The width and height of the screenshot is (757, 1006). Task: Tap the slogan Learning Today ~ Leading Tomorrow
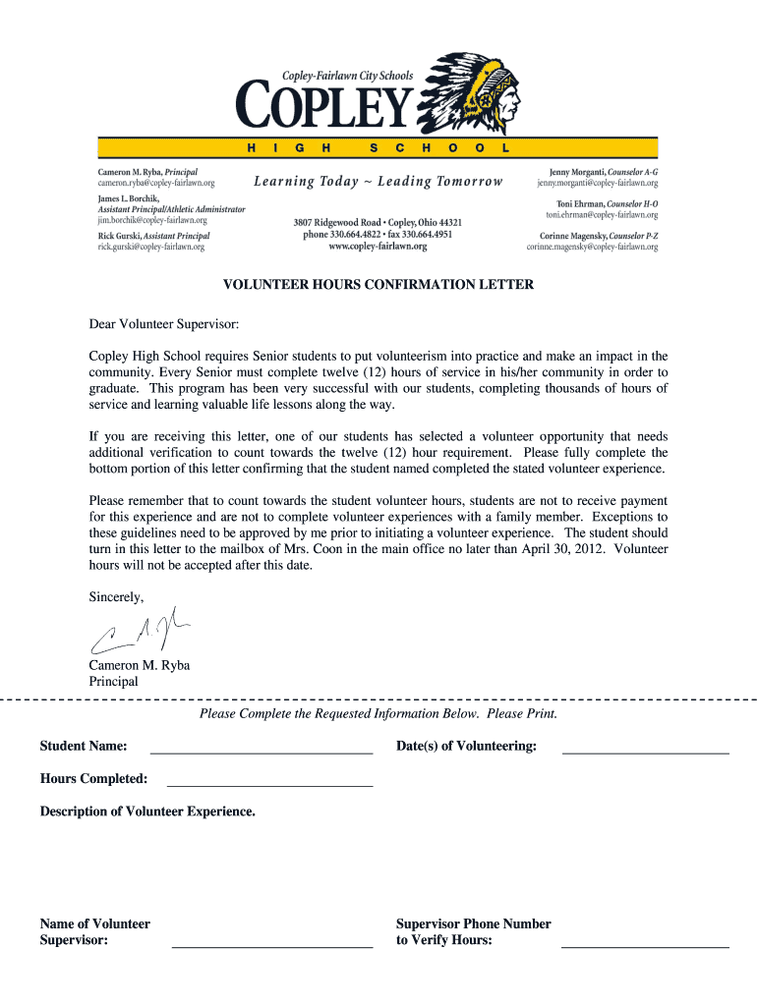(378, 182)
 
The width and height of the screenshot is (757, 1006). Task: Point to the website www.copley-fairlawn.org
(378, 248)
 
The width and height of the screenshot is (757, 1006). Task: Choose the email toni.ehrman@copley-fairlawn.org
(602, 214)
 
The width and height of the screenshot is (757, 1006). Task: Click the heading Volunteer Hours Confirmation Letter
(378, 285)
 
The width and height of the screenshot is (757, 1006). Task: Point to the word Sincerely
(116, 596)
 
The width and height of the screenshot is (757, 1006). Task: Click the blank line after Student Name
(261, 752)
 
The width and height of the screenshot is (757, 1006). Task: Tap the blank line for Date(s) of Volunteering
(645, 752)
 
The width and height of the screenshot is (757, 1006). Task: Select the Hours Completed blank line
(269, 785)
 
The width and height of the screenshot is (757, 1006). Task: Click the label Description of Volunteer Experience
(147, 811)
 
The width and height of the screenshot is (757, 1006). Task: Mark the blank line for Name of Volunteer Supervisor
(272, 946)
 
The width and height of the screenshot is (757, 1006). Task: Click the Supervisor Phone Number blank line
(645, 946)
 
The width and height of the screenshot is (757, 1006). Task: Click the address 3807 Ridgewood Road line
(378, 223)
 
